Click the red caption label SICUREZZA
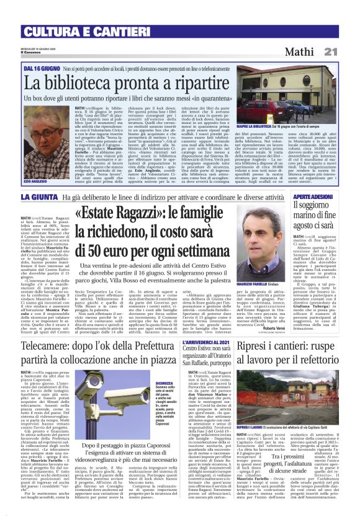(x=164, y=366)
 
